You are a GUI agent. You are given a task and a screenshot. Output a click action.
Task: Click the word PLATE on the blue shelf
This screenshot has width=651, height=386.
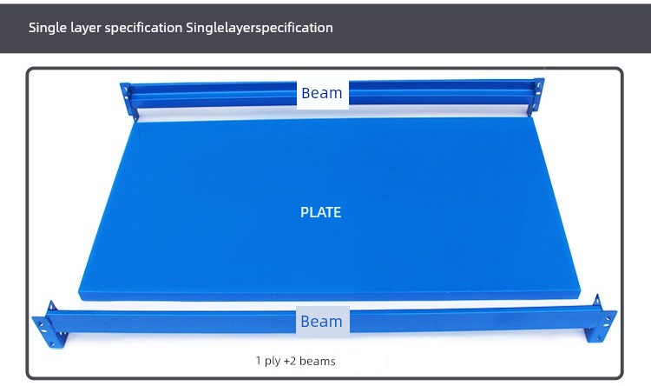(x=320, y=212)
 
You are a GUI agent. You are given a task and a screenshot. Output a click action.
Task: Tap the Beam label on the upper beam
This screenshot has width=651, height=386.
(x=322, y=93)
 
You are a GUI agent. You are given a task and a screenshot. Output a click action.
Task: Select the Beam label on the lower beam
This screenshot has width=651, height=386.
(x=321, y=322)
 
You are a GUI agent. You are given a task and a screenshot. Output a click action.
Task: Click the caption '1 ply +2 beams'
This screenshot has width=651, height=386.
(x=296, y=361)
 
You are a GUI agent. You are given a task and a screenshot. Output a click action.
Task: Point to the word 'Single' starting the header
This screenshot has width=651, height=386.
(x=48, y=28)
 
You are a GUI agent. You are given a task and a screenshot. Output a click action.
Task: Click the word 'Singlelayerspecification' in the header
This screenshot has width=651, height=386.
(x=259, y=28)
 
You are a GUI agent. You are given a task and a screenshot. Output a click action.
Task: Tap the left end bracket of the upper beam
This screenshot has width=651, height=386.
(x=128, y=101)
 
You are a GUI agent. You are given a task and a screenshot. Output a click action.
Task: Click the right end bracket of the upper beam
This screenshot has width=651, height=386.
(x=536, y=96)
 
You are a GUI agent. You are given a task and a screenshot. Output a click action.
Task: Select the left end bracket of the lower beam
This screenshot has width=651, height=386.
(x=49, y=326)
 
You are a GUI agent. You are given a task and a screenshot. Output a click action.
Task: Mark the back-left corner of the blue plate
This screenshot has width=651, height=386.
(x=137, y=121)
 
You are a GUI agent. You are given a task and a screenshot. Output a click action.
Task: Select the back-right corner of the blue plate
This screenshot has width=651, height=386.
(x=533, y=117)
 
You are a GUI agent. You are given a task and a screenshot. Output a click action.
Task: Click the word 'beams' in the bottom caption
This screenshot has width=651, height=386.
(x=317, y=361)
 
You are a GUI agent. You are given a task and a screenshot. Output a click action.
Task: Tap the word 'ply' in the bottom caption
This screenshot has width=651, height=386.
(x=273, y=362)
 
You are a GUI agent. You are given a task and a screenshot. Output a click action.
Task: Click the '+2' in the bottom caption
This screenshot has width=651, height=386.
(x=290, y=361)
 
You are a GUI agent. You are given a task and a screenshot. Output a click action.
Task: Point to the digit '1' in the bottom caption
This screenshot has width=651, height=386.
(x=259, y=360)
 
